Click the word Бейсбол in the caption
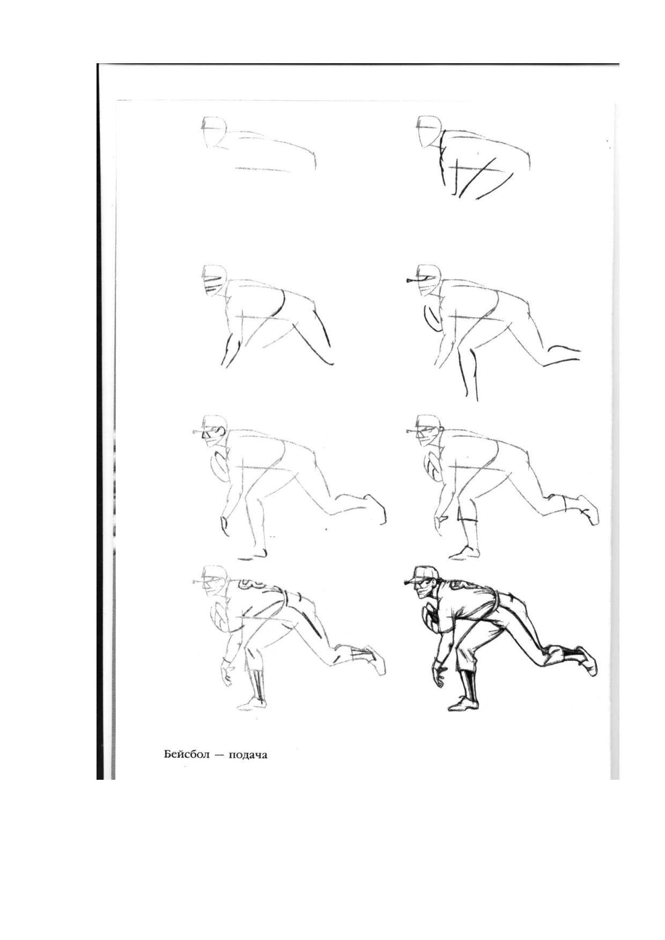[186, 755]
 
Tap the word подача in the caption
[248, 756]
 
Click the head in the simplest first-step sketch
[214, 131]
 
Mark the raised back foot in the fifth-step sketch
[375, 509]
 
